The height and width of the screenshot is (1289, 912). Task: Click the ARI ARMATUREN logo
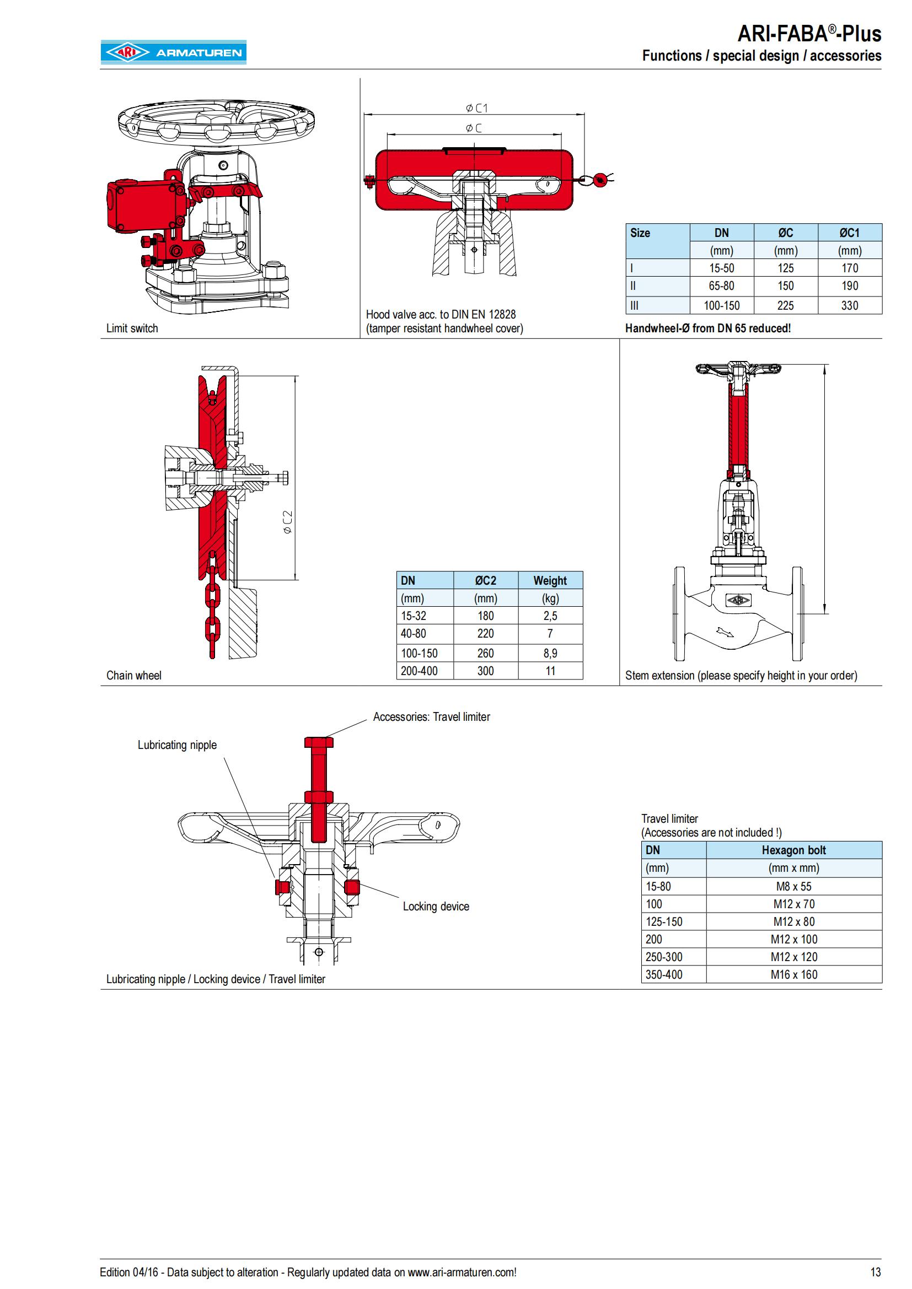(174, 52)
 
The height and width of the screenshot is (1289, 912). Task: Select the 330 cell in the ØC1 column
(849, 305)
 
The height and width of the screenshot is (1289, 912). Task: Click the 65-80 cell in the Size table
(721, 286)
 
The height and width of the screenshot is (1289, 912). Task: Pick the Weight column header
(550, 580)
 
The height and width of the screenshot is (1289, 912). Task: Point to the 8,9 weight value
(550, 653)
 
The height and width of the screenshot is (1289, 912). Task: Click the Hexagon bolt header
(793, 850)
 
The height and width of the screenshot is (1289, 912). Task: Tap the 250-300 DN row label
(664, 957)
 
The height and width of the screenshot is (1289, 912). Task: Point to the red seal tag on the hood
(600, 179)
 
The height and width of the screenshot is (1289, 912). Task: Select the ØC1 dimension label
(477, 108)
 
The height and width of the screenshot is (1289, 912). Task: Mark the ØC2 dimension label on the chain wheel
(287, 522)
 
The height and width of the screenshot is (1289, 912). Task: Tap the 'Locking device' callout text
(436, 906)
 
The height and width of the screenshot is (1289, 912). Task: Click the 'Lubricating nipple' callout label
(177, 745)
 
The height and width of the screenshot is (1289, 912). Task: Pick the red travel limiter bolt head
(318, 742)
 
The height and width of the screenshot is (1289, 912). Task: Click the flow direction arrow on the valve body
(726, 633)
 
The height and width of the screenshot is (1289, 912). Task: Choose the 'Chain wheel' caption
(133, 676)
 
